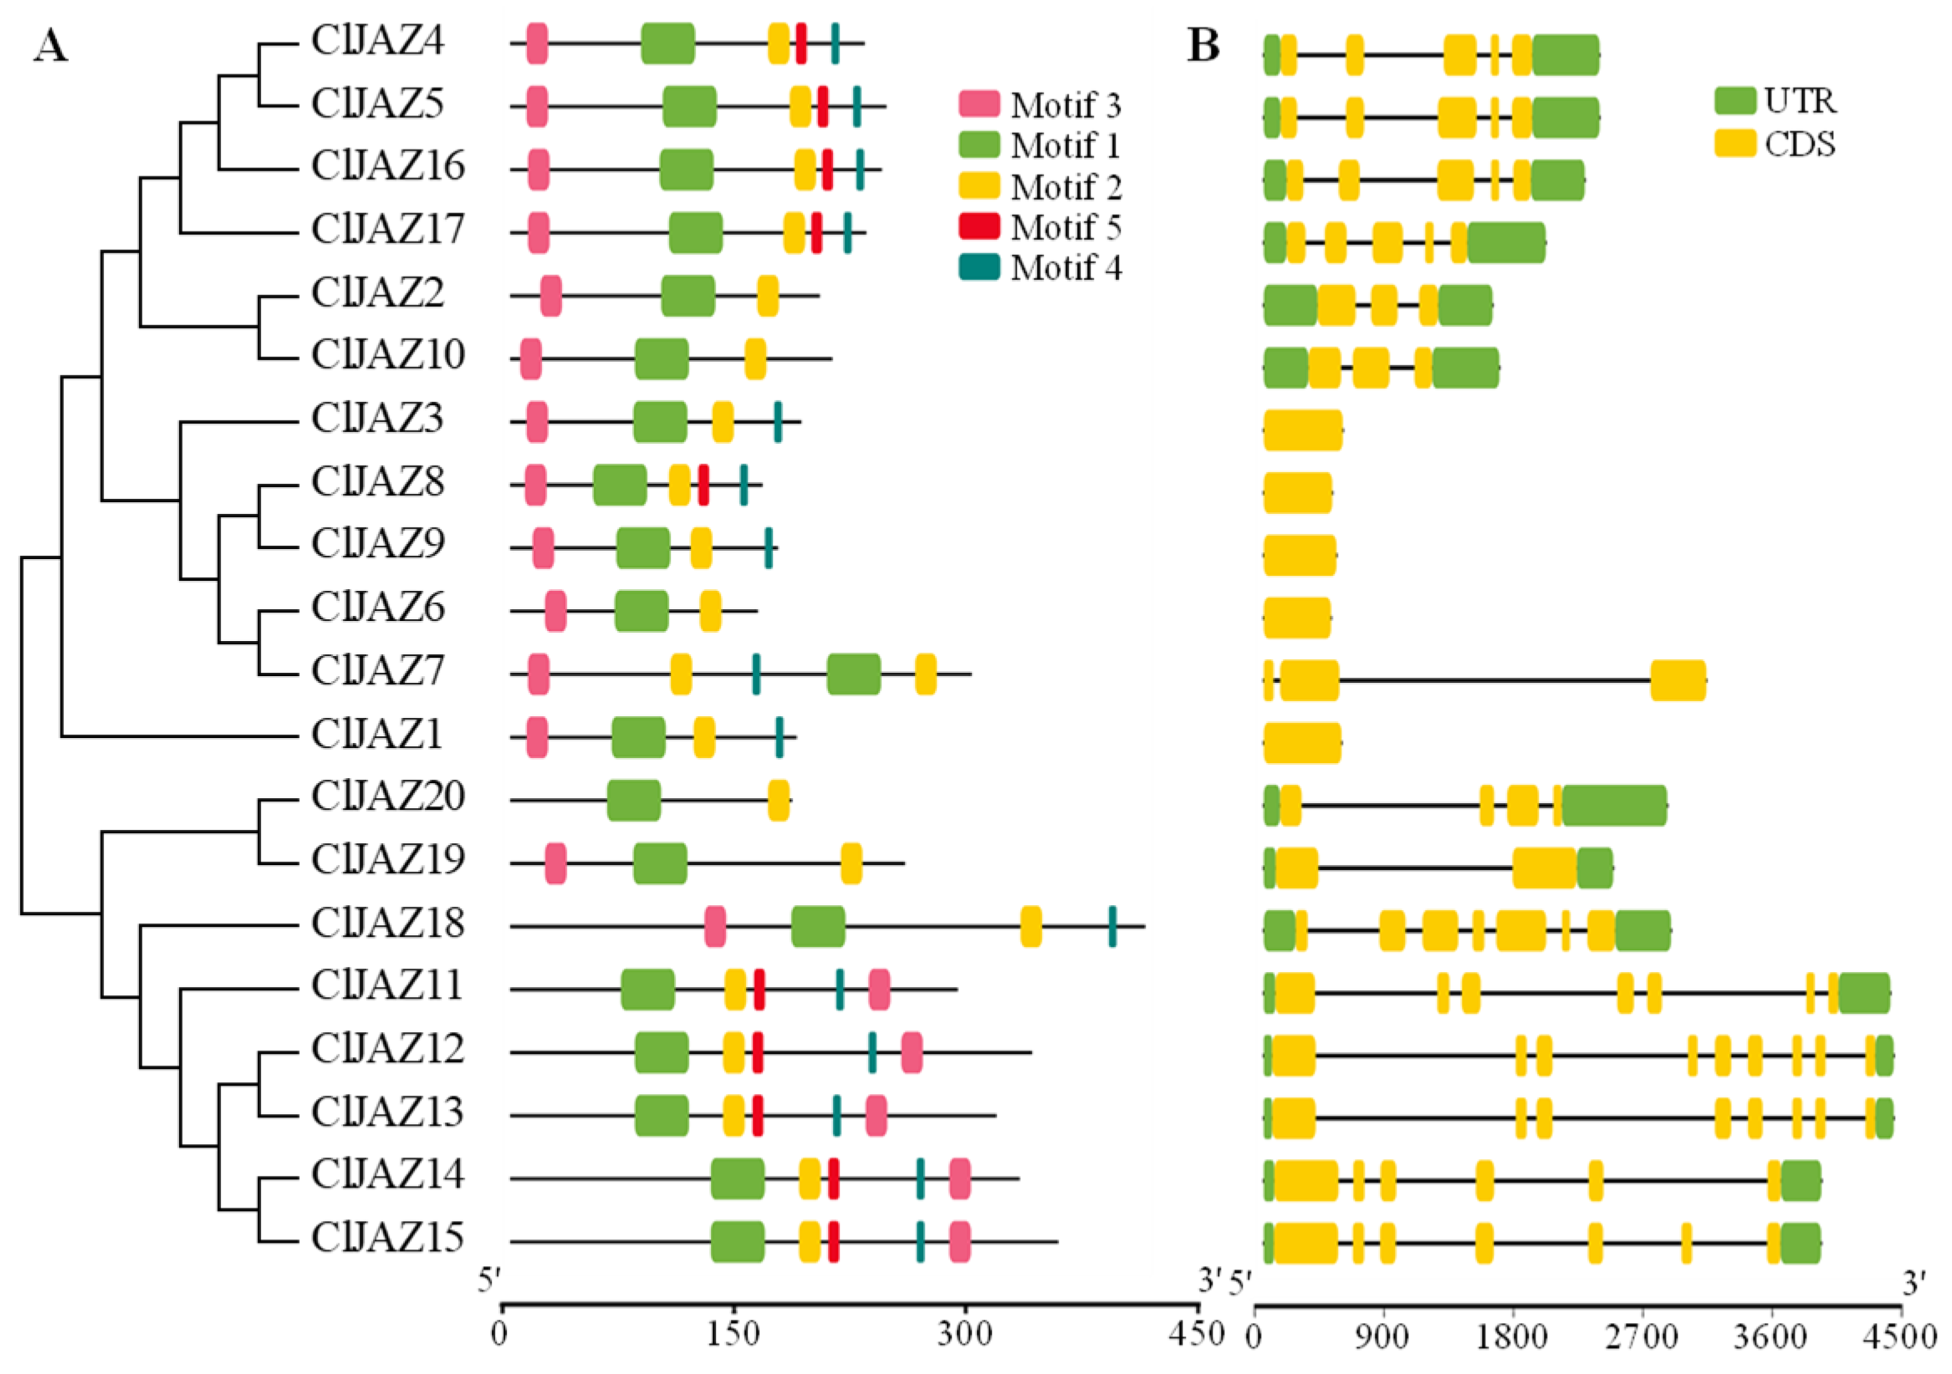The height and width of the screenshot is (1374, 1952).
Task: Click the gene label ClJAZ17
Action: (388, 230)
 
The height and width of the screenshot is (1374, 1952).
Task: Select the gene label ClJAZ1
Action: (376, 734)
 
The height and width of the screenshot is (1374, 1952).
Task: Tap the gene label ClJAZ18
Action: (388, 924)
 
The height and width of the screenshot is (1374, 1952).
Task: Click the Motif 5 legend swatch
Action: (979, 226)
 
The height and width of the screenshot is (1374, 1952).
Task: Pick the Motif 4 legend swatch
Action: (979, 267)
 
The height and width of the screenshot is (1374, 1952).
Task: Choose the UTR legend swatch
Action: (1735, 100)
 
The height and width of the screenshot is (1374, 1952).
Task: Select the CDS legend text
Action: (1800, 145)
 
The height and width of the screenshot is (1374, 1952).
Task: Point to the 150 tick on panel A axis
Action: (733, 1306)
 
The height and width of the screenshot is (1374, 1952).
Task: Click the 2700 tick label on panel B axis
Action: (1643, 1338)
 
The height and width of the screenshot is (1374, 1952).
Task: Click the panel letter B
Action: (1203, 46)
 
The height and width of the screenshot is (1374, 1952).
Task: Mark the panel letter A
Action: (50, 46)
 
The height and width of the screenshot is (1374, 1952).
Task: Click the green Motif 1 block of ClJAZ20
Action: (633, 801)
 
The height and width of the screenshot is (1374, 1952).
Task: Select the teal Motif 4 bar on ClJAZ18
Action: (1112, 926)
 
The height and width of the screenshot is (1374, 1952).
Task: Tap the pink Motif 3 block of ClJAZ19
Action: (556, 863)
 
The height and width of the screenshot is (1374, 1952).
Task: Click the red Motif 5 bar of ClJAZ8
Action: (703, 486)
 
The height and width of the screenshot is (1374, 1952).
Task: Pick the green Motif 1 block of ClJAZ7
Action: (854, 674)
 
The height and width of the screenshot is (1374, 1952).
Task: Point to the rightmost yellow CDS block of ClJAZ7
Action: (1679, 679)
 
